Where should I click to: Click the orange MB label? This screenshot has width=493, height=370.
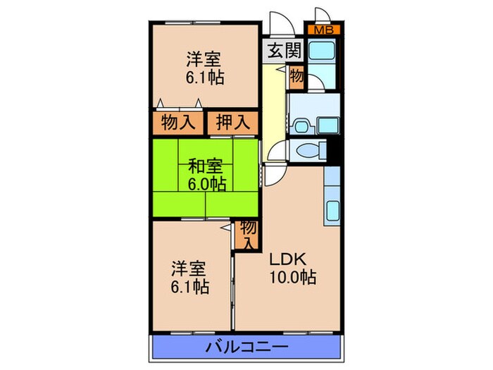point(324,30)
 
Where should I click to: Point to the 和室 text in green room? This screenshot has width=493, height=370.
point(205,167)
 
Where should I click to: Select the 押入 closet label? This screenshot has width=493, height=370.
point(232,122)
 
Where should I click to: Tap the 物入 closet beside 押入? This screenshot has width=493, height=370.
point(178,122)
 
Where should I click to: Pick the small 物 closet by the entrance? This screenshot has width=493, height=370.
point(297,76)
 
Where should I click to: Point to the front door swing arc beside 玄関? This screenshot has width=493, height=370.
point(280,27)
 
